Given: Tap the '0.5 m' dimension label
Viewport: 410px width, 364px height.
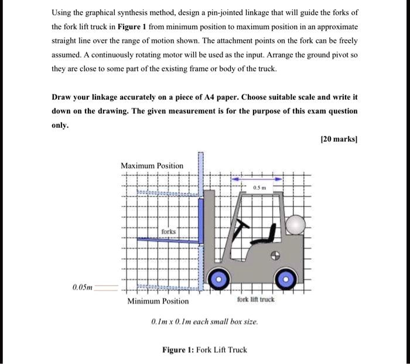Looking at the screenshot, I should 258,187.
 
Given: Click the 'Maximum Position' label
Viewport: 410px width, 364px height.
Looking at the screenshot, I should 152,166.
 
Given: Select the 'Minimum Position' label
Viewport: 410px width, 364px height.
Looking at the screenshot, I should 158,301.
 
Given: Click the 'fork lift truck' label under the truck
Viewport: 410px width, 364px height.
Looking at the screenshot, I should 255,300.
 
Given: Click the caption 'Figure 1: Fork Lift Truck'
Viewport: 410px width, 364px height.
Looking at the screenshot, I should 204,350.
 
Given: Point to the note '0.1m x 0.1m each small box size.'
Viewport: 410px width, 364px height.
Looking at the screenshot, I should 204,322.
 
